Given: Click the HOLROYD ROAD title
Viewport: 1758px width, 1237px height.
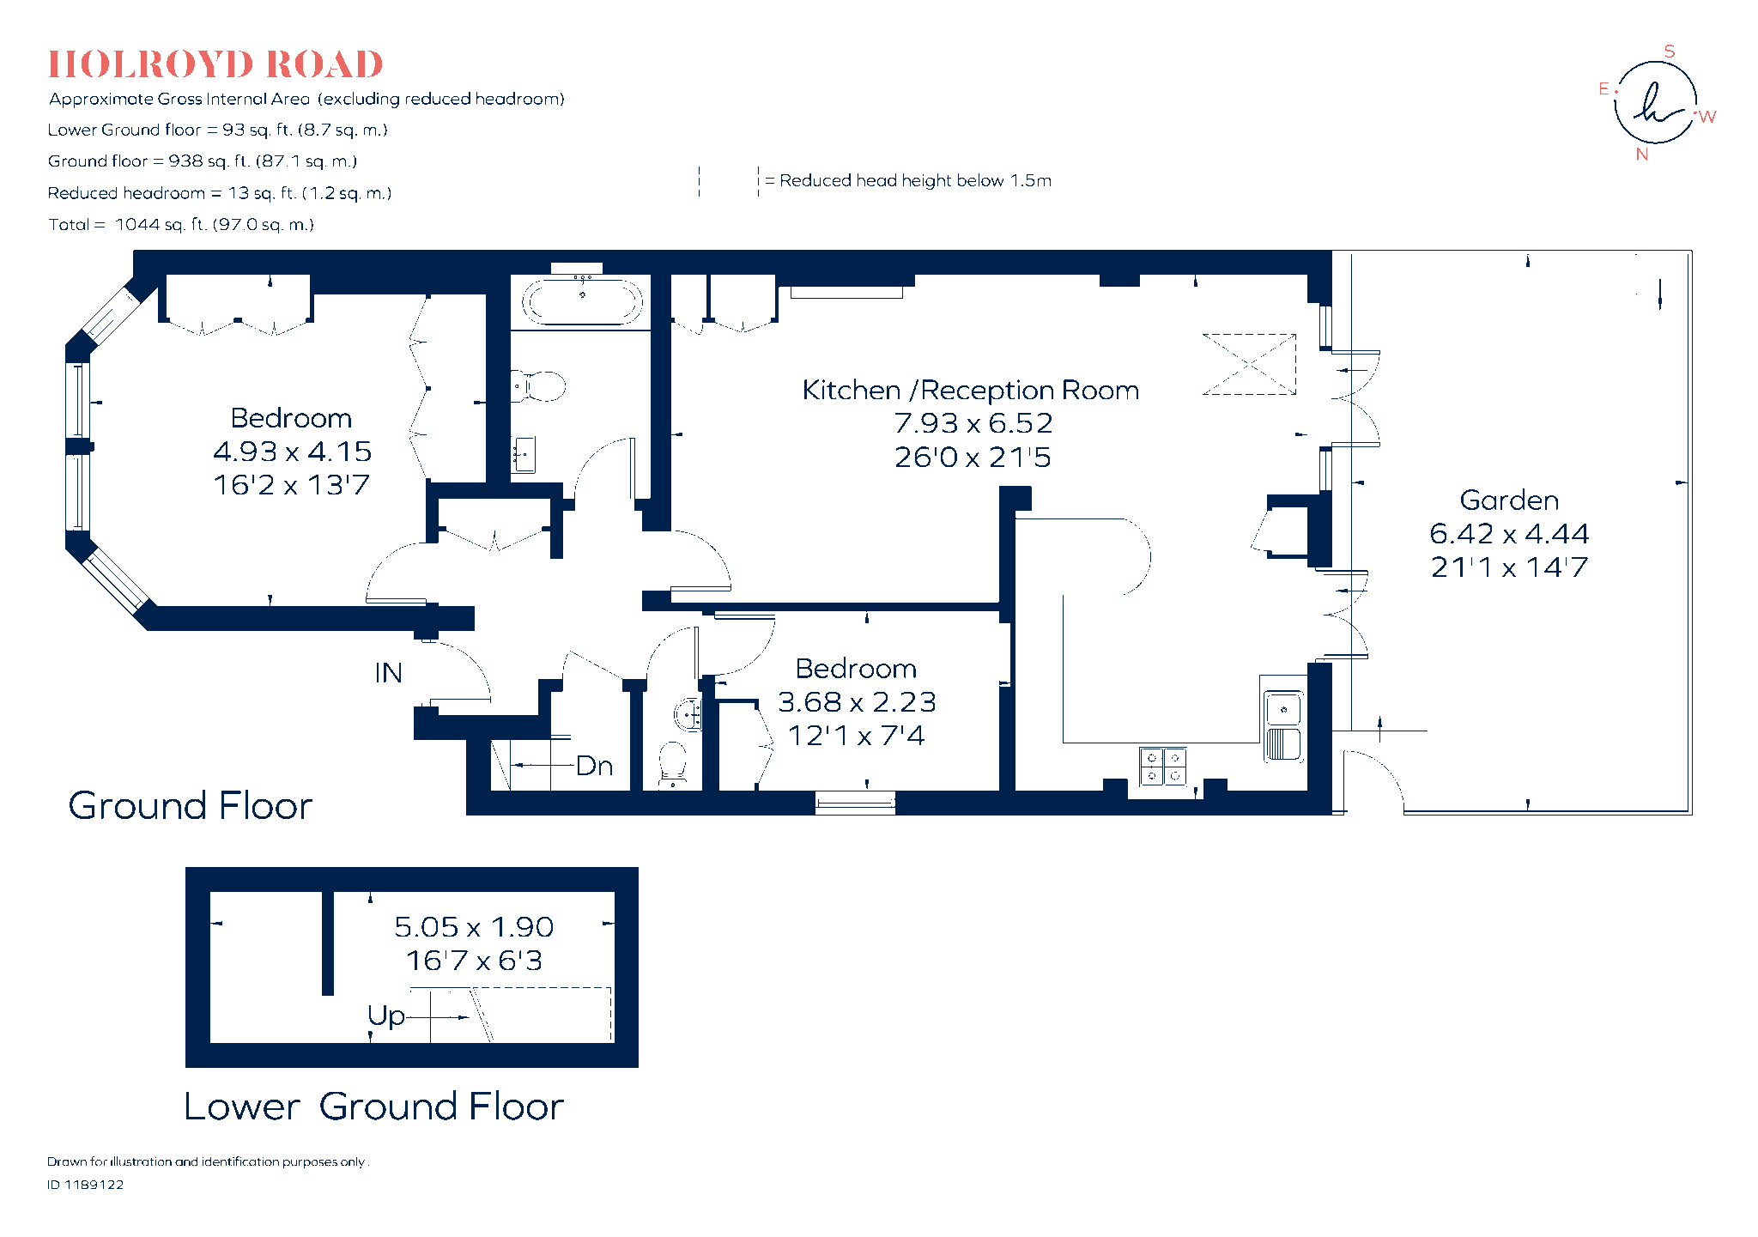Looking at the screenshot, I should point(215,64).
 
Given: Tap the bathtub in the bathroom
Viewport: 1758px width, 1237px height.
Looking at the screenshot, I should point(583,301).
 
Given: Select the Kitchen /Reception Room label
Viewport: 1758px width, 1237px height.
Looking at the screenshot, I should point(971,391).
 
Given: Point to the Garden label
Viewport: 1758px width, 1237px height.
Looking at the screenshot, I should point(1509,500).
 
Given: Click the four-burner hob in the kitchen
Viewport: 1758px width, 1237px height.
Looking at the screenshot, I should point(1163,767).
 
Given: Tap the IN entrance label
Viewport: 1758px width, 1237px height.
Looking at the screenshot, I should point(388,673).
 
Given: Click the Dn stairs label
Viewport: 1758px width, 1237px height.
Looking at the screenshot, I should point(594,766).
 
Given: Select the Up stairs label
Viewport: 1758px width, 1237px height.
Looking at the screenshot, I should point(385,1016).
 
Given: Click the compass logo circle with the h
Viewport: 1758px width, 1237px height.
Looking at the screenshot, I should point(1655,102).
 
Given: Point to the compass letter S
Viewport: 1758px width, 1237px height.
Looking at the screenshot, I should point(1670,52).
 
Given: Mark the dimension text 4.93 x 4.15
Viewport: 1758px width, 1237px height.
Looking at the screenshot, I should point(292,452).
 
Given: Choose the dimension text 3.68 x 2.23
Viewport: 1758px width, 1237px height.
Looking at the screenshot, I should point(857,702).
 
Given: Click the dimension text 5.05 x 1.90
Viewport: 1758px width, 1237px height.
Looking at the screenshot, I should point(474,927).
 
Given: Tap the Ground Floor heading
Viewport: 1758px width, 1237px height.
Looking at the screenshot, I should point(191,806).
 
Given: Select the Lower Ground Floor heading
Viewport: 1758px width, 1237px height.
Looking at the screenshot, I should point(374,1107).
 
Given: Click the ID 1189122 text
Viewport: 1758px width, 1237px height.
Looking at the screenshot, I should point(86,1185).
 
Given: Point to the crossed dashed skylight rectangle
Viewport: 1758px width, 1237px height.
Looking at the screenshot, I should point(1249,364).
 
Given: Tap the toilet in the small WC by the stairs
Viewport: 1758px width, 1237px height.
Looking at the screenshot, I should point(672,762).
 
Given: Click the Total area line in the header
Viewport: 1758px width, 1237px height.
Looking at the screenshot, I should point(181,225).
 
